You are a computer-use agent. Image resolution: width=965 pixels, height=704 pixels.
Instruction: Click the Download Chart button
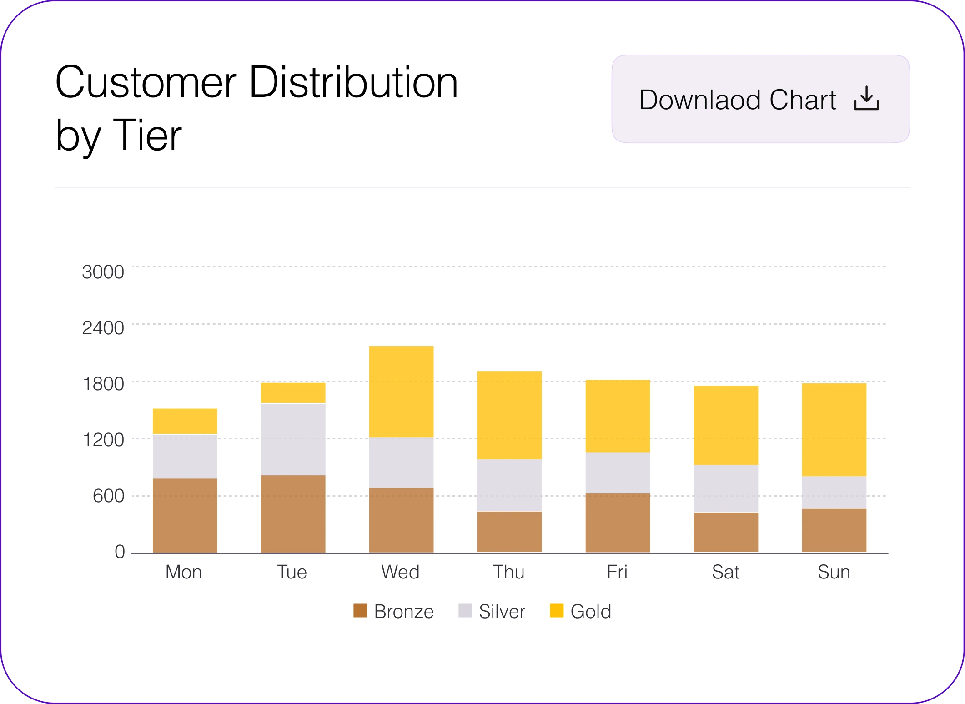point(760,99)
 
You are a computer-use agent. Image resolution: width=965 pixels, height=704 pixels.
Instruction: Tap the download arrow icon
point(866,99)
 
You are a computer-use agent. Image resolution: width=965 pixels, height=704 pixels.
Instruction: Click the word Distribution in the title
point(353,82)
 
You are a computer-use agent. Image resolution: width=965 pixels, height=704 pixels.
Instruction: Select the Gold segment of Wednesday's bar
point(401,392)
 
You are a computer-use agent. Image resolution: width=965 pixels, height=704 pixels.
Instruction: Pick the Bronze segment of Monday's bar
point(185,515)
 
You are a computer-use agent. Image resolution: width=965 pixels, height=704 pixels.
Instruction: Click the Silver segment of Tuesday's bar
point(293,439)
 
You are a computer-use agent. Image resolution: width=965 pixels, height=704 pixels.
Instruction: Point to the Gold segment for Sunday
point(834,430)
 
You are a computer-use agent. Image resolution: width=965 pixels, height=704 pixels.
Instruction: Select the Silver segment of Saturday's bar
point(726,488)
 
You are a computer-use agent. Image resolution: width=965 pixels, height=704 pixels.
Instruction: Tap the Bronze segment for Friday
point(618,523)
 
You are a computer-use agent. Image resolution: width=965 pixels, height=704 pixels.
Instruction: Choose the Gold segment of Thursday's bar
point(509,415)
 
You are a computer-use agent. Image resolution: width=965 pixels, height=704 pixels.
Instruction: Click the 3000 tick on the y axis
point(103,272)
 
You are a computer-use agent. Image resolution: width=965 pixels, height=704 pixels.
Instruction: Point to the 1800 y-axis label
point(103,384)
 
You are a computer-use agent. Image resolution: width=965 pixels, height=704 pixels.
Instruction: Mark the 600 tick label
point(108,496)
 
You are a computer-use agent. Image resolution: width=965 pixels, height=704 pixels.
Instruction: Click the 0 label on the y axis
point(120,552)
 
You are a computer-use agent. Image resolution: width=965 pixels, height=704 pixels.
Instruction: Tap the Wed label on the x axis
point(400,572)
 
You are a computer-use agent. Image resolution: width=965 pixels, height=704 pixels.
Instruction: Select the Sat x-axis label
point(725,572)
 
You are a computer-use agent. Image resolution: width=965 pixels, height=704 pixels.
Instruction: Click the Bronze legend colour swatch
point(360,611)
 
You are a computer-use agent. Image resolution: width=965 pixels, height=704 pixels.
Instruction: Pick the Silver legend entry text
point(502,612)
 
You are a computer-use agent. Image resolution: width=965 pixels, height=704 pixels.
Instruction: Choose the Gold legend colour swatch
point(557,611)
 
